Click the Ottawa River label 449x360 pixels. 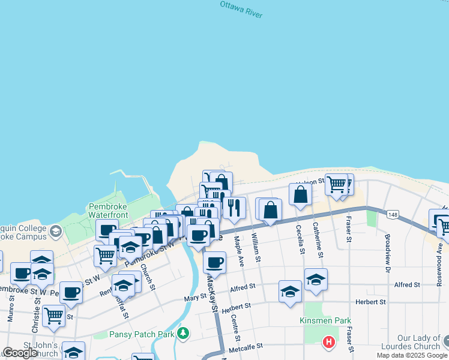click(x=241, y=9)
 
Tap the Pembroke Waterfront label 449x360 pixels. click(x=109, y=211)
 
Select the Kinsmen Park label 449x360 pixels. click(x=325, y=321)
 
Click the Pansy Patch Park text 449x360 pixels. click(x=142, y=334)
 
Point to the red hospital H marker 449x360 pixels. click(x=329, y=343)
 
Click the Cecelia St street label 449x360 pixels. click(x=299, y=239)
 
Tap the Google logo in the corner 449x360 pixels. click(x=20, y=353)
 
